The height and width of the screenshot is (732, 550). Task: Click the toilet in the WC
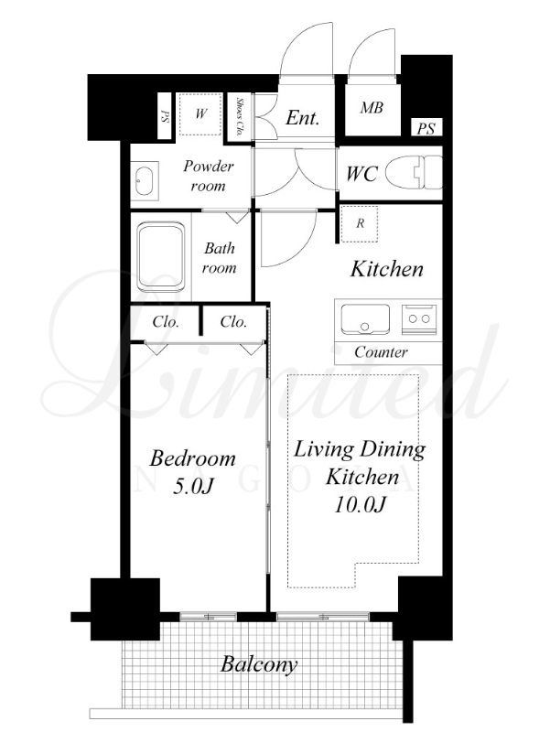click(x=414, y=172)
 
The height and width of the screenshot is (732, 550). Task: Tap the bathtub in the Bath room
click(x=161, y=257)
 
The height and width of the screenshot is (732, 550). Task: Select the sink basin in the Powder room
click(x=145, y=180)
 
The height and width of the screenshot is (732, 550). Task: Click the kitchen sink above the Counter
click(x=365, y=319)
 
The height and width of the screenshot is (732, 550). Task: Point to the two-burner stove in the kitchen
click(x=419, y=319)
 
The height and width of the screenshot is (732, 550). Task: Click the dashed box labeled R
click(x=359, y=223)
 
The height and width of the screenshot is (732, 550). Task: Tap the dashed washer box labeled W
click(x=200, y=113)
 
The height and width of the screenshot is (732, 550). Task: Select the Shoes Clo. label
click(x=240, y=116)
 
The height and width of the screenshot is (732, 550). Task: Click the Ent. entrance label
click(x=303, y=118)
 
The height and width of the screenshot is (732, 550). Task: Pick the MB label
click(x=372, y=108)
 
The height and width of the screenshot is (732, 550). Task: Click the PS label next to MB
click(x=426, y=128)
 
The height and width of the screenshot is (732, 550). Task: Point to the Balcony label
click(x=259, y=664)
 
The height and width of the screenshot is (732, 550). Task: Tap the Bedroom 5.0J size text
click(x=193, y=487)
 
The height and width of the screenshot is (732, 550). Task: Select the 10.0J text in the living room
click(x=360, y=505)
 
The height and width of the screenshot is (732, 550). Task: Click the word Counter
click(x=381, y=351)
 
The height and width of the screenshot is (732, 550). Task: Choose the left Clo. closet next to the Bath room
click(x=165, y=323)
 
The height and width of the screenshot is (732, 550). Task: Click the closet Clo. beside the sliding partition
click(x=233, y=322)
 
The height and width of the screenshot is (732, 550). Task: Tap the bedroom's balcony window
click(x=209, y=617)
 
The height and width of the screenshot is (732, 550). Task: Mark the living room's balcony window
click(x=323, y=617)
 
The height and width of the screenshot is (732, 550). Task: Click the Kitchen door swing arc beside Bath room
click(x=300, y=251)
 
